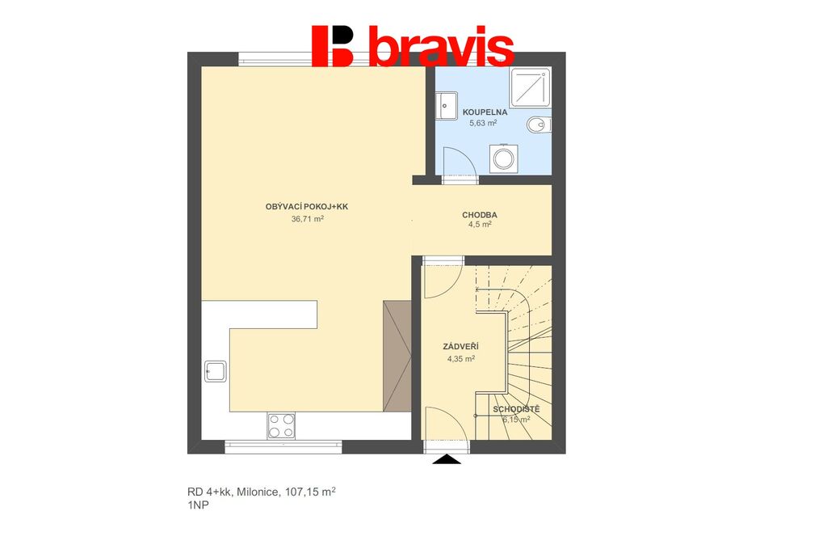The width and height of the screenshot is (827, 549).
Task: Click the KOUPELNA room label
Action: pyautogui.click(x=485, y=112)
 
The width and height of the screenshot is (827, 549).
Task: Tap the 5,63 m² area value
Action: pyautogui.click(x=483, y=123)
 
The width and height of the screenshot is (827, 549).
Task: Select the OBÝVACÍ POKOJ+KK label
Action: pyautogui.click(x=306, y=207)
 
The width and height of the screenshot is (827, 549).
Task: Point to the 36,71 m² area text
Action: pyautogui.click(x=308, y=218)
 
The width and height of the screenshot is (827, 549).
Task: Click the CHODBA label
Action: pyautogui.click(x=480, y=215)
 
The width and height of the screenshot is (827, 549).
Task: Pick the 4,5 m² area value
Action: pyautogui.click(x=480, y=224)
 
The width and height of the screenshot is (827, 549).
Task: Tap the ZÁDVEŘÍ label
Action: pyautogui.click(x=460, y=347)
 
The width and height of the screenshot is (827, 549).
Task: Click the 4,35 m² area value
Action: pyautogui.click(x=461, y=358)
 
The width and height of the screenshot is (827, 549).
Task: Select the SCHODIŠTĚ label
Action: pyautogui.click(x=516, y=409)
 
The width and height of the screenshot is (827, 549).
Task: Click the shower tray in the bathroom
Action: pyautogui.click(x=530, y=87)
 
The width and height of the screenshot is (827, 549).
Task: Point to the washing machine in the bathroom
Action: pyautogui.click(x=503, y=158)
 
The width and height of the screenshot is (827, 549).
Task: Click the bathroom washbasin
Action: pyautogui.click(x=446, y=106)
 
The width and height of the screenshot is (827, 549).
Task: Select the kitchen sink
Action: pyautogui.click(x=215, y=371)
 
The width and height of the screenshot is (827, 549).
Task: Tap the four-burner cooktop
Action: pyautogui.click(x=281, y=426)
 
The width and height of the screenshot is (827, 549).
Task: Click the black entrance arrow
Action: pyautogui.click(x=447, y=459)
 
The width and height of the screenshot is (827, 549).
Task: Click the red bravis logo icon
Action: pyautogui.click(x=332, y=46)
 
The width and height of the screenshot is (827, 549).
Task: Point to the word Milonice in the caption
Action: pyautogui.click(x=258, y=492)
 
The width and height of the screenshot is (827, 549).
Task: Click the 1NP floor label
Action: pyautogui.click(x=198, y=505)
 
